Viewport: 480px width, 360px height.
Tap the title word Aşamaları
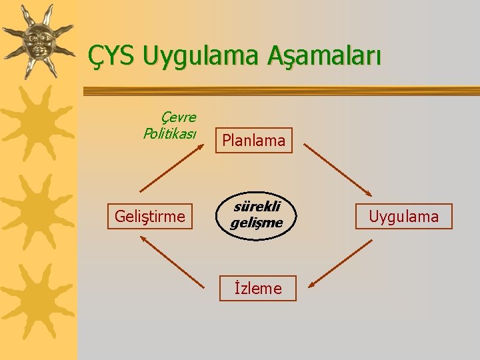pos(325,57)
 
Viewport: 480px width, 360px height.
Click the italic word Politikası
pos(170,133)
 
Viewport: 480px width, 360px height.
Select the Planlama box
pos(253,141)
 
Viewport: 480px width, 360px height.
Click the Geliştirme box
pos(150,217)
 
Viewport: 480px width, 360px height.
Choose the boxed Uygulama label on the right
pos(404,217)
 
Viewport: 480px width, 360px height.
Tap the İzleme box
pos(257,289)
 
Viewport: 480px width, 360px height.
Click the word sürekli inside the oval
pos(257,207)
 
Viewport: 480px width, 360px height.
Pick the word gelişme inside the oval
pos(257,222)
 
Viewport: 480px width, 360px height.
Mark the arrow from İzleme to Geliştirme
pos(172,263)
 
